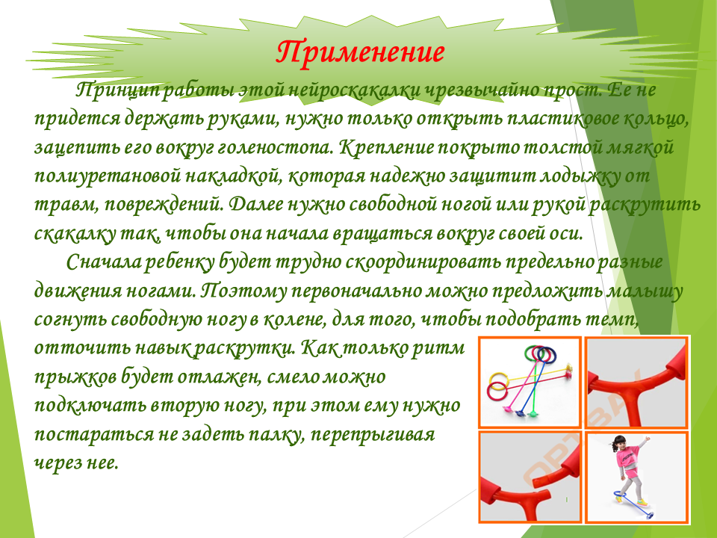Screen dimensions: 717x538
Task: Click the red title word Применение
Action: click(x=360, y=52)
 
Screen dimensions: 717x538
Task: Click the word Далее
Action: click(x=255, y=205)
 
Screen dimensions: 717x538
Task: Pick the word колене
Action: click(x=294, y=319)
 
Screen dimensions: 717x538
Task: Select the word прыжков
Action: click(x=75, y=377)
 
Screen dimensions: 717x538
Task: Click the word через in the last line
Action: click(x=57, y=463)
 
